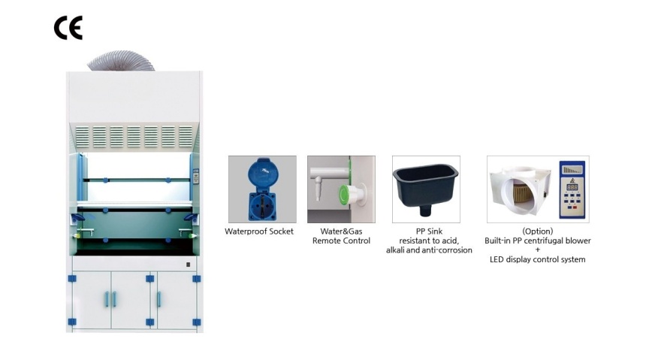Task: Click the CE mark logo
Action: point(68,28)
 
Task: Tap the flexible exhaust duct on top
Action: point(121,61)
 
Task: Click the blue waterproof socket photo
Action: point(262,189)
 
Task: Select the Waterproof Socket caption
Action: point(259,231)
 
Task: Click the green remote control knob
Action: point(345,195)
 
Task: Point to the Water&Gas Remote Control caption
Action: point(341,236)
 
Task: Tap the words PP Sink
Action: point(429,231)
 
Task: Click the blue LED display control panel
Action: point(572,189)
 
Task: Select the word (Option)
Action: point(538,231)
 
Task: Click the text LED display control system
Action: point(538,259)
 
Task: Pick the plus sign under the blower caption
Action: point(538,250)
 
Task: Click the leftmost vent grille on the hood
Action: point(83,137)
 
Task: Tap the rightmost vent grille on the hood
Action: point(186,137)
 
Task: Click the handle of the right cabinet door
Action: point(158,299)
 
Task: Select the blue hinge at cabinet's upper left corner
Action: point(72,279)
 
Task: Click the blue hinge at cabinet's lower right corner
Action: point(197,322)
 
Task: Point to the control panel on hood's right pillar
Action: point(196,176)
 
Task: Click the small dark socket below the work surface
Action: point(189,265)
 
